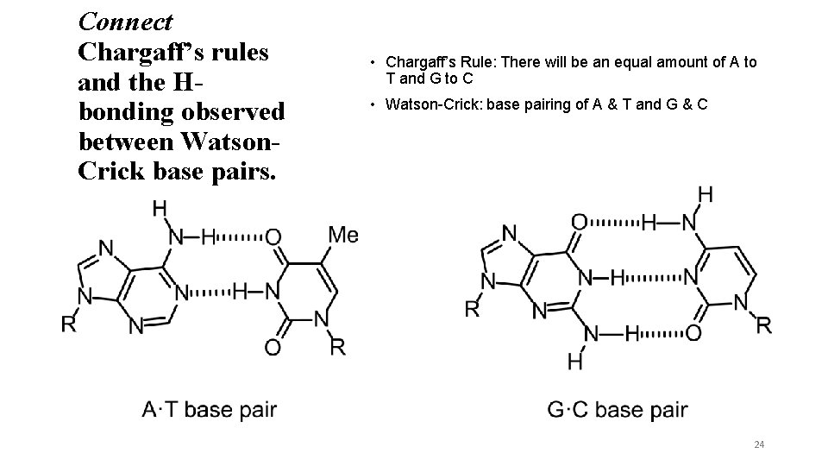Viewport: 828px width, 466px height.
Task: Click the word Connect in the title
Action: [x=125, y=21]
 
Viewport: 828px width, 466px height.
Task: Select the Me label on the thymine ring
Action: [x=343, y=235]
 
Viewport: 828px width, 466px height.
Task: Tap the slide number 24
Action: [x=759, y=444]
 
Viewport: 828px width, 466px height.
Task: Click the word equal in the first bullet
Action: [x=626, y=62]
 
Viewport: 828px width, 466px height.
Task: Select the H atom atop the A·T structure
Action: [x=160, y=207]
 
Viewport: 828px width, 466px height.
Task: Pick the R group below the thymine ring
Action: [x=339, y=347]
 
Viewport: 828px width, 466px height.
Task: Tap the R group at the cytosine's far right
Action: [x=764, y=325]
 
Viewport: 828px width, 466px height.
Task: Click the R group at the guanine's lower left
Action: [x=472, y=309]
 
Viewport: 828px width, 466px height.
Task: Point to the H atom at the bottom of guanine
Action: [x=575, y=362]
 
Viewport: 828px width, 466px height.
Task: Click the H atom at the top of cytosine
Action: [x=705, y=195]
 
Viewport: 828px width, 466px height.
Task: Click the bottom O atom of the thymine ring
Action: [x=273, y=347]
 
